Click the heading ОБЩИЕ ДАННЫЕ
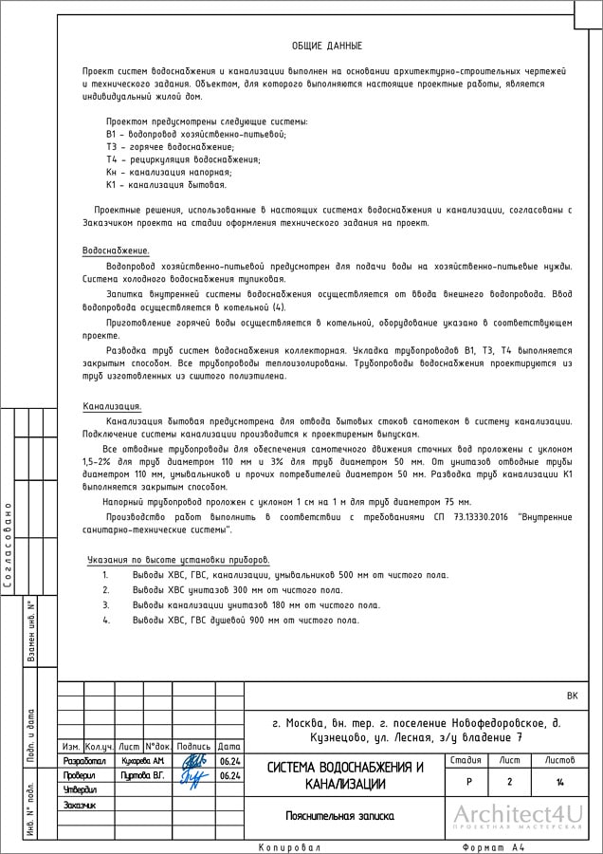(x=327, y=46)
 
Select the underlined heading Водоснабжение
(x=109, y=250)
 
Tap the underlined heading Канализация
(x=112, y=406)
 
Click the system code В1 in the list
(x=111, y=135)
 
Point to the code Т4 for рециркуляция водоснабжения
(x=111, y=159)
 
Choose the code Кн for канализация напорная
(x=111, y=172)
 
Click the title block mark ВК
(x=571, y=696)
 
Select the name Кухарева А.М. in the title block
(x=143, y=760)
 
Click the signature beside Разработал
(x=192, y=760)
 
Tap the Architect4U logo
(x=516, y=816)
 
